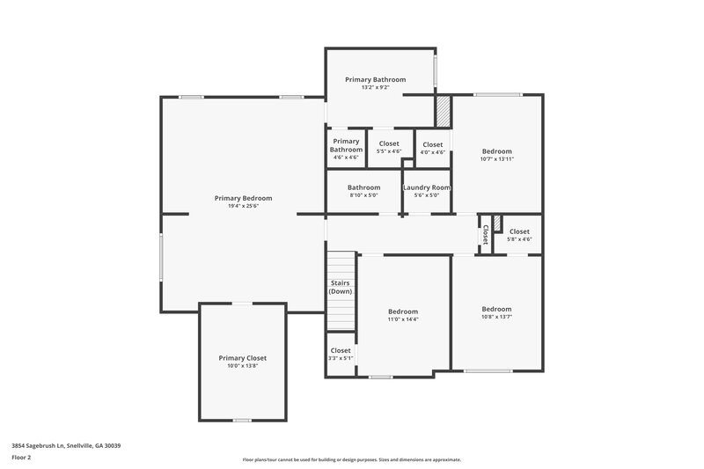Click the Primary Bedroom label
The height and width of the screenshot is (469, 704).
[243, 198]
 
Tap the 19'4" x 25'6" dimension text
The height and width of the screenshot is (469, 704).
[243, 207]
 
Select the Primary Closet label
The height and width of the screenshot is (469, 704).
[242, 358]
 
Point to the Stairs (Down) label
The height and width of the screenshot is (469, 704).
[341, 287]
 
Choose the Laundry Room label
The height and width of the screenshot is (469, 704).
[427, 187]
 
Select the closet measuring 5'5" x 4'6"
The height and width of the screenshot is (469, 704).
[388, 147]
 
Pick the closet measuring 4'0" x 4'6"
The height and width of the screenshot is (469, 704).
[432, 147]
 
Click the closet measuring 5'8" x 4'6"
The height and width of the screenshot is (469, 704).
[518, 235]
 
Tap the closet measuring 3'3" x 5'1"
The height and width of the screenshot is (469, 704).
[341, 354]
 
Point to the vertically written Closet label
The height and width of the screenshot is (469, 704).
[485, 235]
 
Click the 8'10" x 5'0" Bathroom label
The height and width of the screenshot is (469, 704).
[363, 191]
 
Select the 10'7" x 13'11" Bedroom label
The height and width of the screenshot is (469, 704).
[496, 155]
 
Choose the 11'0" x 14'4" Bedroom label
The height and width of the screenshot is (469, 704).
[403, 315]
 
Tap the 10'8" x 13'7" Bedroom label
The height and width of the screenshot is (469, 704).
[496, 312]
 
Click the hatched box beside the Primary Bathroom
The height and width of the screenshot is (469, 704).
[444, 112]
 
